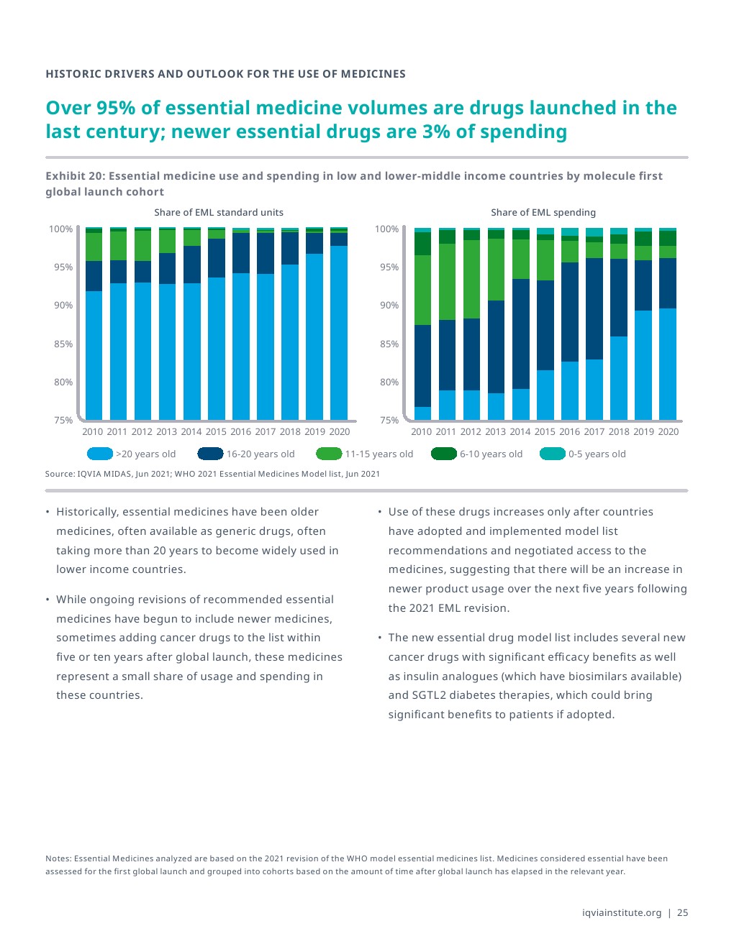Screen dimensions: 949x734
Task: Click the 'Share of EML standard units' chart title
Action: pyautogui.click(x=219, y=213)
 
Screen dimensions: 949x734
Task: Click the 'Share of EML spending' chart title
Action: pyautogui.click(x=543, y=213)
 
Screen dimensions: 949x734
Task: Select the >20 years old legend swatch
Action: pyautogui.click(x=100, y=454)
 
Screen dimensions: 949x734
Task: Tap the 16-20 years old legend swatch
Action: pyautogui.click(x=210, y=454)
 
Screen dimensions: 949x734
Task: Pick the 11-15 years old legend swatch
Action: pyautogui.click(x=329, y=454)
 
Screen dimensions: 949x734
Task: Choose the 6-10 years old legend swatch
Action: pyautogui.click(x=444, y=454)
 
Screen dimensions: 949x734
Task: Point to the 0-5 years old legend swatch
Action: pyautogui.click(x=553, y=454)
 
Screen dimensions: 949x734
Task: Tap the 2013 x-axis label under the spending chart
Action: pyautogui.click(x=495, y=432)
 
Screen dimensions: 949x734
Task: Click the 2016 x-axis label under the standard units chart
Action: pyautogui.click(x=240, y=432)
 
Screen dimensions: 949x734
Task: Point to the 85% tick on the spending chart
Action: pyautogui.click(x=389, y=344)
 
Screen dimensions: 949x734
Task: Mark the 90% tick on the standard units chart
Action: pyautogui.click(x=63, y=306)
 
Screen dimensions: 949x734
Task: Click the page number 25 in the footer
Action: pyautogui.click(x=683, y=913)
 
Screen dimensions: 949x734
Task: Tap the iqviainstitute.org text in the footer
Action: pyautogui.click(x=622, y=913)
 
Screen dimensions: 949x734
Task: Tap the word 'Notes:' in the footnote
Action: pyautogui.click(x=58, y=858)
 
